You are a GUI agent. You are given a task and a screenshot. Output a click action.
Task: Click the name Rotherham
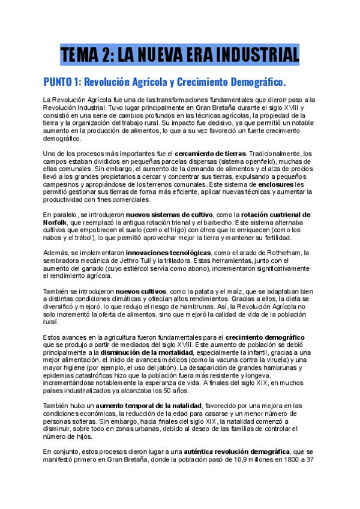(274, 253)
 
